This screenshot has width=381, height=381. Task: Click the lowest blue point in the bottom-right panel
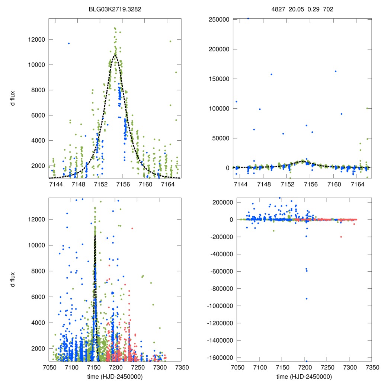tap(307, 361)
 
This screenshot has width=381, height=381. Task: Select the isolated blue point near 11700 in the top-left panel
tap(69, 44)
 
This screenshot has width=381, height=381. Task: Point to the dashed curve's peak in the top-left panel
tap(115, 55)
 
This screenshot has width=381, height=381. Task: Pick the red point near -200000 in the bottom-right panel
tap(341, 237)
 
